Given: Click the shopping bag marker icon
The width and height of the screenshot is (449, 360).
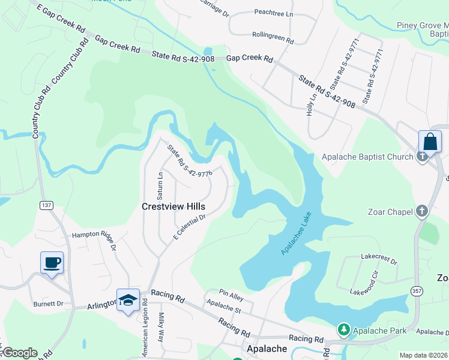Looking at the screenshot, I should pyautogui.click(x=430, y=142).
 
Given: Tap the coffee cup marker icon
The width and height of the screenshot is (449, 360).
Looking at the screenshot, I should pyautogui.click(x=52, y=262).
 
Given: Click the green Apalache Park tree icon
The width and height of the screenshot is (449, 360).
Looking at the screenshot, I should pyautogui.click(x=343, y=330).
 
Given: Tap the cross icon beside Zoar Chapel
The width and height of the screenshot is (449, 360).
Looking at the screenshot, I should pyautogui.click(x=423, y=211).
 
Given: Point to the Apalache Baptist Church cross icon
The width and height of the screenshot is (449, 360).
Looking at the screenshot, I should pyautogui.click(x=423, y=157).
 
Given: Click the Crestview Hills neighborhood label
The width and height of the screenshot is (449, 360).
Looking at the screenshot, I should pyautogui.click(x=173, y=206).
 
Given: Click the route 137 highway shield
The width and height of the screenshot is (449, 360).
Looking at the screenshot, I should pyautogui.click(x=46, y=205).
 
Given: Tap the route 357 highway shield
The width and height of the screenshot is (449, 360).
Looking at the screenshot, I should pyautogui.click(x=416, y=291).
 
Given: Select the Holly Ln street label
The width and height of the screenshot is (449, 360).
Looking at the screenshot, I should pyautogui.click(x=312, y=104).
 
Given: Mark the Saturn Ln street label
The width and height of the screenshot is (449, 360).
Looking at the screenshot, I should pyautogui.click(x=160, y=186).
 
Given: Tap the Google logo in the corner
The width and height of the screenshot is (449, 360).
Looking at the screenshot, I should pyautogui.click(x=19, y=353).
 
